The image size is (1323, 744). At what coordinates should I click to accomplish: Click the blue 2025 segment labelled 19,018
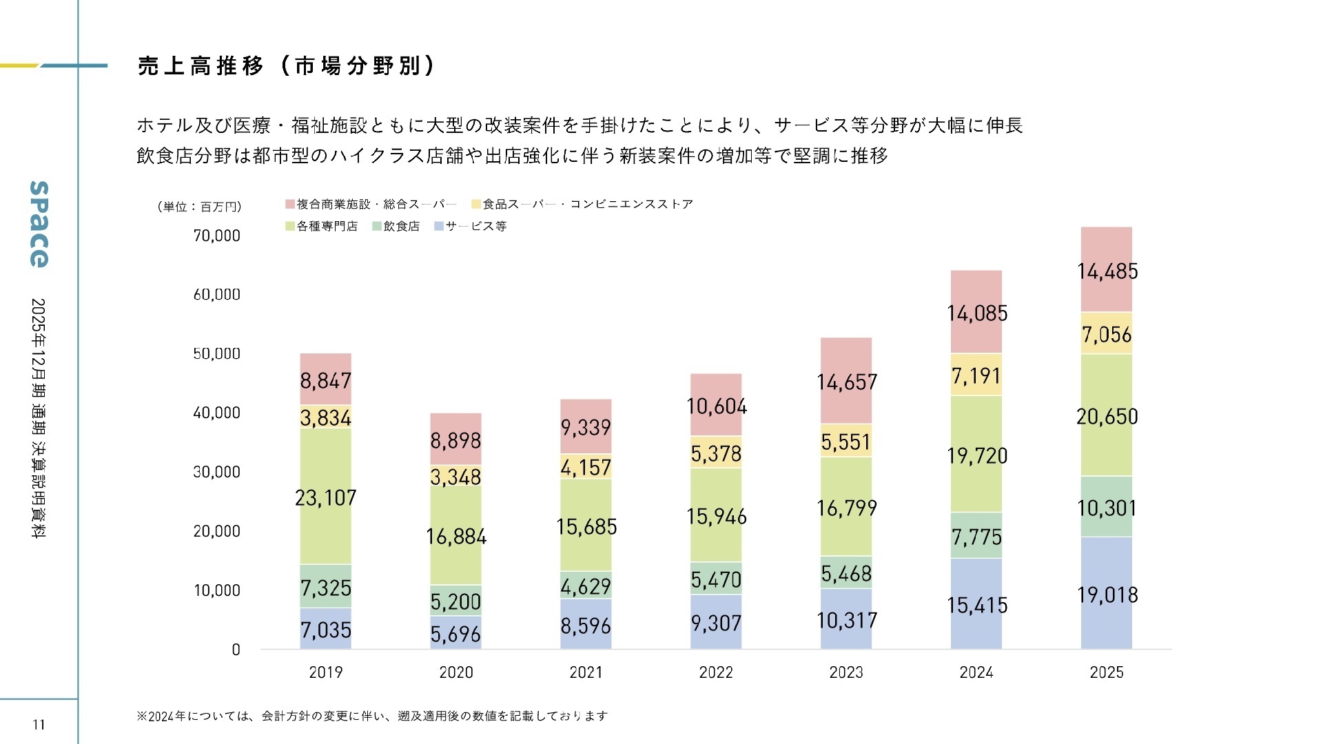1107,594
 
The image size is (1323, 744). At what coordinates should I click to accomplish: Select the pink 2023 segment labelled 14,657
846,382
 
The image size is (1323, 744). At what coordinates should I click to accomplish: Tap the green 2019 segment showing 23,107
325,497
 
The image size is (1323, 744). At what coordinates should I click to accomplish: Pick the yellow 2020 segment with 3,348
455,477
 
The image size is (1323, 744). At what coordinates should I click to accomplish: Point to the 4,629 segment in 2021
586,586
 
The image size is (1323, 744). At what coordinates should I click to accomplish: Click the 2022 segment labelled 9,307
716,623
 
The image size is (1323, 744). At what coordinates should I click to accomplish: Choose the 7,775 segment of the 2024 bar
976,536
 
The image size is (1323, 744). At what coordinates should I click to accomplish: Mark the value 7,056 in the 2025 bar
1107,334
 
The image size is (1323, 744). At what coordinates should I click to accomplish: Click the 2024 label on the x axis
976,672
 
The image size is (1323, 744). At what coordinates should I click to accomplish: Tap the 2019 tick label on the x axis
325,672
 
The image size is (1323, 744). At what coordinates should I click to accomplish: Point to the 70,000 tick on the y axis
217,236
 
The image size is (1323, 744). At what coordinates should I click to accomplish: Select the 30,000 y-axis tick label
217,472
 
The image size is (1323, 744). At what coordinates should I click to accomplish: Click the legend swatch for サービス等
439,226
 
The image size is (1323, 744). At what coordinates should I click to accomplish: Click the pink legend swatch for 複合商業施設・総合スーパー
290,204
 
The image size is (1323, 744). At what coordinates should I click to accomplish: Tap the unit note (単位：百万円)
199,207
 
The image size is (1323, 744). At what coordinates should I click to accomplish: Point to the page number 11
39,724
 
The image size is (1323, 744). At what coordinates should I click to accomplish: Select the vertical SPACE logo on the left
39,224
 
